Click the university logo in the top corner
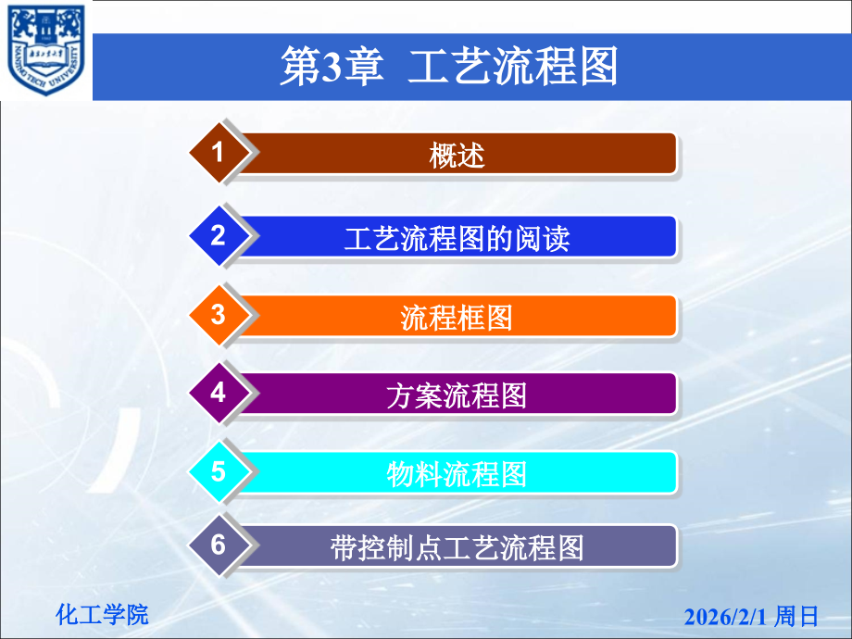pyautogui.click(x=45, y=50)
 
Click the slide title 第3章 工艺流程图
pyautogui.click(x=448, y=68)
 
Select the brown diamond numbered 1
pyautogui.click(x=219, y=153)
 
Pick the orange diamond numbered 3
pyautogui.click(x=219, y=315)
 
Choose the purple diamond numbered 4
pyautogui.click(x=219, y=393)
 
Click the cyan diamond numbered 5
pyautogui.click(x=219, y=471)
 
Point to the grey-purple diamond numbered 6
pyautogui.click(x=219, y=545)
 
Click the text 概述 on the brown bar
pyautogui.click(x=457, y=156)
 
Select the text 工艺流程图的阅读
pyautogui.click(x=457, y=239)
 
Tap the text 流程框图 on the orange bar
pyautogui.click(x=457, y=318)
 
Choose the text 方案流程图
pyautogui.click(x=457, y=395)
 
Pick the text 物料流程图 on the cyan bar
pyautogui.click(x=457, y=474)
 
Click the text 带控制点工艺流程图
pyautogui.click(x=457, y=548)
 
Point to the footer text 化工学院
pyautogui.click(x=102, y=614)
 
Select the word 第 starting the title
pyautogui.click(x=298, y=69)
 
